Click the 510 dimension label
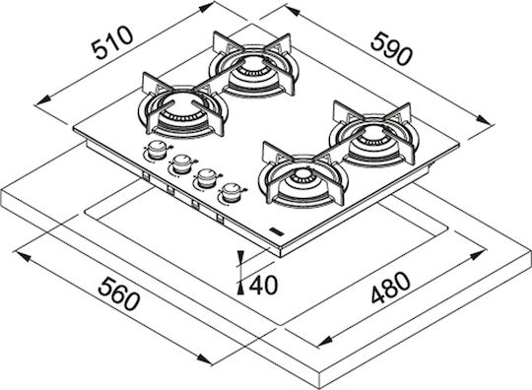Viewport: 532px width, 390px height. (x=112, y=42)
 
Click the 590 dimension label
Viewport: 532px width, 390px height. (x=391, y=48)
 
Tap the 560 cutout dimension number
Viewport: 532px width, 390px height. (x=119, y=293)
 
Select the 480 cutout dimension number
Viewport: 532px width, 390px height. (x=391, y=288)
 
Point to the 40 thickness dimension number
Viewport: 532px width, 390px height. (x=263, y=286)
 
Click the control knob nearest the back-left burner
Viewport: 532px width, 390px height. (x=157, y=150)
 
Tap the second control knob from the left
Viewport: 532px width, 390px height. (x=182, y=163)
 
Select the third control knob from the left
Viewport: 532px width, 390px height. (x=206, y=178)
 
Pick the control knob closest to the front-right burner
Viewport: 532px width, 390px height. (x=232, y=193)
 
